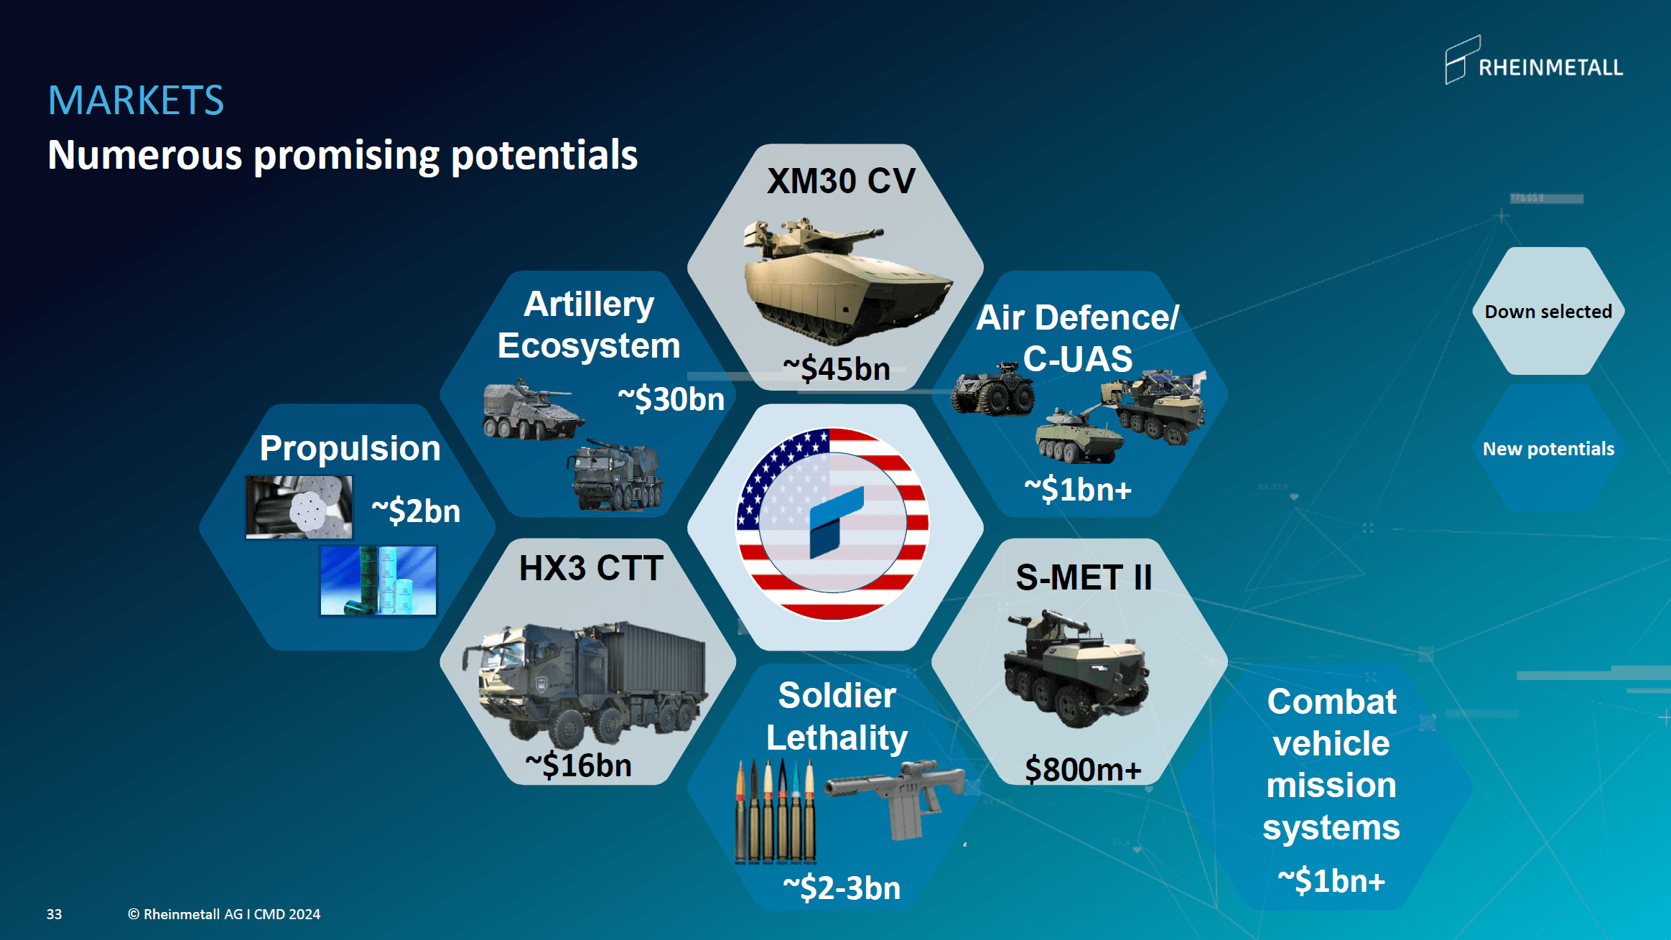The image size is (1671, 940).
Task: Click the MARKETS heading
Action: [136, 100]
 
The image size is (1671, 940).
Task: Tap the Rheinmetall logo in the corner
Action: [1534, 60]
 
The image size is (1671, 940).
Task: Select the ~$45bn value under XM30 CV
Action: [836, 369]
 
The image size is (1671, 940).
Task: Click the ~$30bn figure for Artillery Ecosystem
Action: [671, 399]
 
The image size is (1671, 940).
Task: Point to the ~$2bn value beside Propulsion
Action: [416, 511]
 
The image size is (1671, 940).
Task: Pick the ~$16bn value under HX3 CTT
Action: [578, 766]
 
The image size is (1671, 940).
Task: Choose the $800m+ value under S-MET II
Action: [1083, 770]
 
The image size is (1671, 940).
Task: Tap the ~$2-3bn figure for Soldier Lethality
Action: [842, 888]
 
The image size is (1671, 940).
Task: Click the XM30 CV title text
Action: [841, 181]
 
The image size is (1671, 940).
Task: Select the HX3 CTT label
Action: [591, 568]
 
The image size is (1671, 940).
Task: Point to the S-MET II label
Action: [1084, 577]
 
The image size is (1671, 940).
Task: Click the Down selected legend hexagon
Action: [1548, 311]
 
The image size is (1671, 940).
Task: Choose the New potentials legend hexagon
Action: [1548, 448]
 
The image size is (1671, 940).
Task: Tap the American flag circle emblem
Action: [833, 524]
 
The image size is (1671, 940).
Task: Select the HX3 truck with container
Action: [585, 684]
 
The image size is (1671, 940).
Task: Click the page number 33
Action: [54, 914]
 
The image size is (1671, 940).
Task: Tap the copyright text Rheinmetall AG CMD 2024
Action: [224, 914]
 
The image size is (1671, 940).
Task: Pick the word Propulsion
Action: [350, 448]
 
